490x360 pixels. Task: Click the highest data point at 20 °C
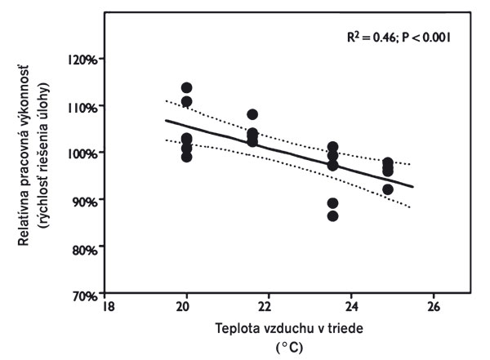[186, 87]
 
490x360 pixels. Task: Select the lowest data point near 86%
[332, 216]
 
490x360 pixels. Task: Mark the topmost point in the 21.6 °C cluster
[252, 114]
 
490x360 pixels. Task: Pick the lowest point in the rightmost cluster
[388, 189]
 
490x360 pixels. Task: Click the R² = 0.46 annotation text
[375, 38]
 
